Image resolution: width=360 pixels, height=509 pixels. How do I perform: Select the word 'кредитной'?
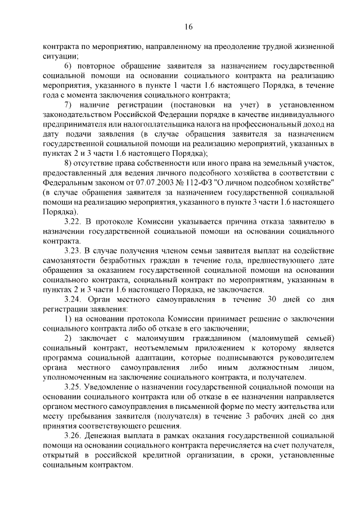[x=193, y=455]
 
